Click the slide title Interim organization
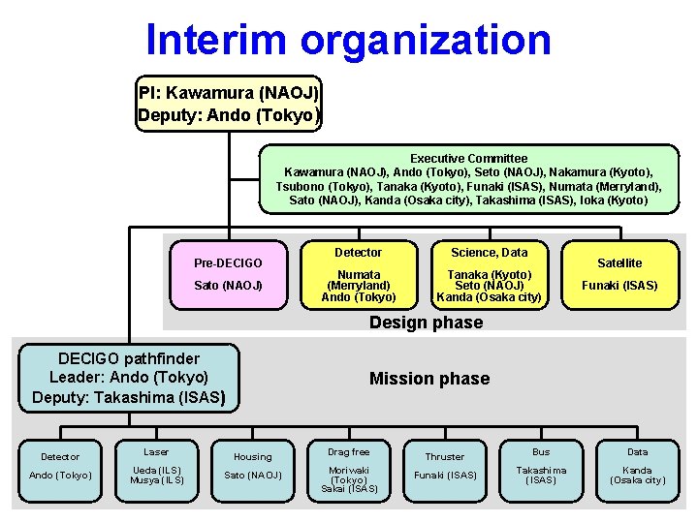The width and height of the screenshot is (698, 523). click(348, 40)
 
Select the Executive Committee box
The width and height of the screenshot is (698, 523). click(468, 179)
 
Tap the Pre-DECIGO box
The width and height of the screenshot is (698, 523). click(228, 274)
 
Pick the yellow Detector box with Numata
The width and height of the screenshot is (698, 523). click(358, 274)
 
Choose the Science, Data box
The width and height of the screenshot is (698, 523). click(489, 274)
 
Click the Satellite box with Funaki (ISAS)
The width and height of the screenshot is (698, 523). click(619, 274)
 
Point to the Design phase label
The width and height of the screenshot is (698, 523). click(426, 323)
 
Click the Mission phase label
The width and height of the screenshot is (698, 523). click(429, 379)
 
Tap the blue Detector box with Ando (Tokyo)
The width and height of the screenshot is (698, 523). click(60, 466)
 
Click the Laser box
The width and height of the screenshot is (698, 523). click(156, 466)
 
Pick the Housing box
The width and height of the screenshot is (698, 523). click(253, 466)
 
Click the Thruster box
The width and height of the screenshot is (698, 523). click(445, 466)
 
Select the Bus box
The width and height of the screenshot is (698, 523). click(541, 466)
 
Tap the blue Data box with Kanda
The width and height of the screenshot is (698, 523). click(637, 466)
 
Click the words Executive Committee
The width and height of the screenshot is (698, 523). click(468, 158)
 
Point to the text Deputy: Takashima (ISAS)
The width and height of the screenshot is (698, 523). click(129, 396)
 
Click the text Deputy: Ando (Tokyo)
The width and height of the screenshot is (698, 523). click(229, 115)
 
